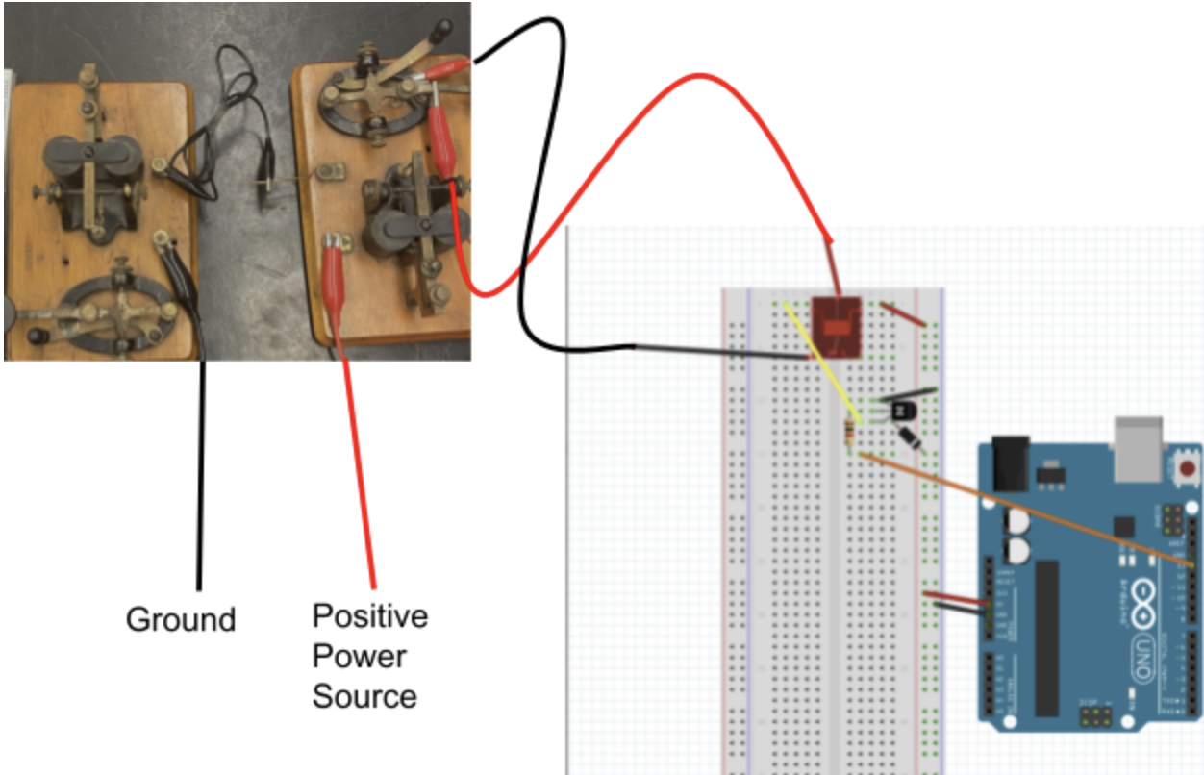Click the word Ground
point(181,619)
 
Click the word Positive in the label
point(370,615)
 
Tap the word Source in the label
point(364,696)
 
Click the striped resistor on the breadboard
point(850,435)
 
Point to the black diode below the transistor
point(913,438)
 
